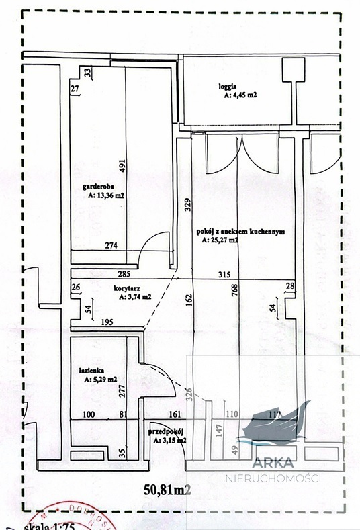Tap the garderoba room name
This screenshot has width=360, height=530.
coord(93,187)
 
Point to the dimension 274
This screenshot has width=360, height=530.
coord(111,246)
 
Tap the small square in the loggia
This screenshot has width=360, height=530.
coord(294,68)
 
